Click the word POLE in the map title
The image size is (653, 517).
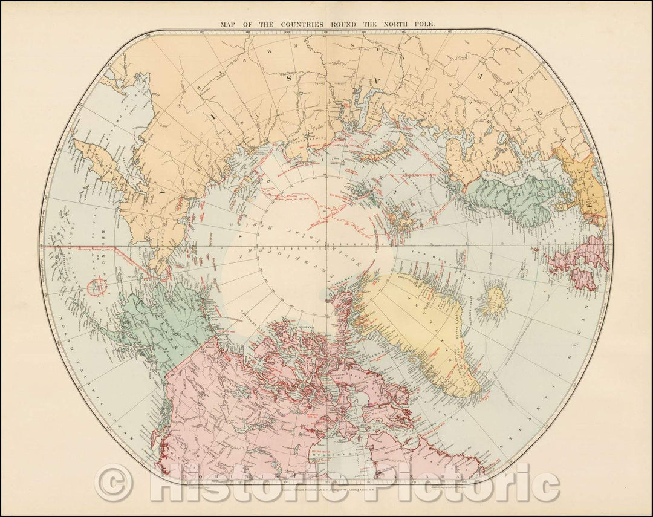click(x=429, y=25)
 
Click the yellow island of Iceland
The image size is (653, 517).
click(x=495, y=301)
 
